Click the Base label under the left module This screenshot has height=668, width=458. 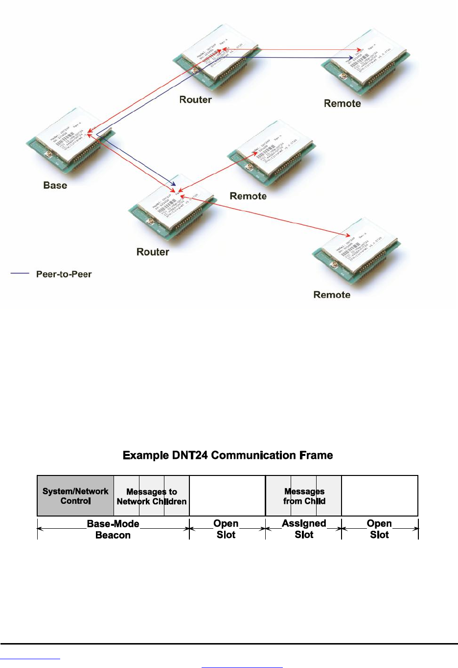point(55,185)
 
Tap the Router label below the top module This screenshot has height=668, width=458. point(195,100)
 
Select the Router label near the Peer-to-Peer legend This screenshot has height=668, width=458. point(153,252)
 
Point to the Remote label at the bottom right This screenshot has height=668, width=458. point(332,295)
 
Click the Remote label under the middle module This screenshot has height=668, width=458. point(248,196)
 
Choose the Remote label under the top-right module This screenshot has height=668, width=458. point(342,104)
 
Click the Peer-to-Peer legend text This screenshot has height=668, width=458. point(64,274)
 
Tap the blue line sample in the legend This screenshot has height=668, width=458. point(20,273)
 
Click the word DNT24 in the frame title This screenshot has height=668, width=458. point(190,455)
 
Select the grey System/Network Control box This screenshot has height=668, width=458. point(75,496)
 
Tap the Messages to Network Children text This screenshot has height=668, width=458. point(152,496)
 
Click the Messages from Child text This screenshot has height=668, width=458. point(304,496)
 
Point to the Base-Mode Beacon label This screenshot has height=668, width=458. point(113,529)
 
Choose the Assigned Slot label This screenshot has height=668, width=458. point(304,529)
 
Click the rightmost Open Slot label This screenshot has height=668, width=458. point(379,529)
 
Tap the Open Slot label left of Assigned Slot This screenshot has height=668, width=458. point(226,529)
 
